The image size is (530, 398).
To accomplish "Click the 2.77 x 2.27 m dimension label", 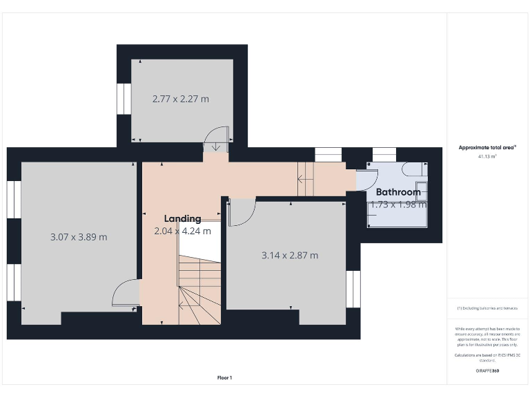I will tap(180, 99).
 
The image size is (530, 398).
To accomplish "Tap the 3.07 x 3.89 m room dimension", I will tap(79, 237).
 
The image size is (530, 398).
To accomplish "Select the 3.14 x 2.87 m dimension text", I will tap(290, 255).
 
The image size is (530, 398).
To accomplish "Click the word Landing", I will tap(182, 218).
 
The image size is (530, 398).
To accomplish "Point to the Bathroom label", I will tap(398, 192).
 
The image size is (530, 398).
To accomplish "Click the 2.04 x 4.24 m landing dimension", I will tap(182, 231).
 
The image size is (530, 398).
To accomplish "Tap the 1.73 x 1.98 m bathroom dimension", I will tap(398, 205).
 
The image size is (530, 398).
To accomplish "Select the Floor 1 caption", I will tap(224, 378).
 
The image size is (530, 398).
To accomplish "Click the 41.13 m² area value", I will tap(487, 157).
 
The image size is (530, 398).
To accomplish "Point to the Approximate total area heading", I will tap(487, 147).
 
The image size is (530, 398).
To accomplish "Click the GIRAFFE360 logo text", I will tap(487, 371).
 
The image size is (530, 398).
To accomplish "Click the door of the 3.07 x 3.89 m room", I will tap(124, 293).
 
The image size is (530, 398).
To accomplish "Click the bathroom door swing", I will tap(367, 179).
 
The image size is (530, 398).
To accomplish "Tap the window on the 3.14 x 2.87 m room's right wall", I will tap(353, 289).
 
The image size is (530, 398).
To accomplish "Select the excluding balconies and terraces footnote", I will tap(487, 308).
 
